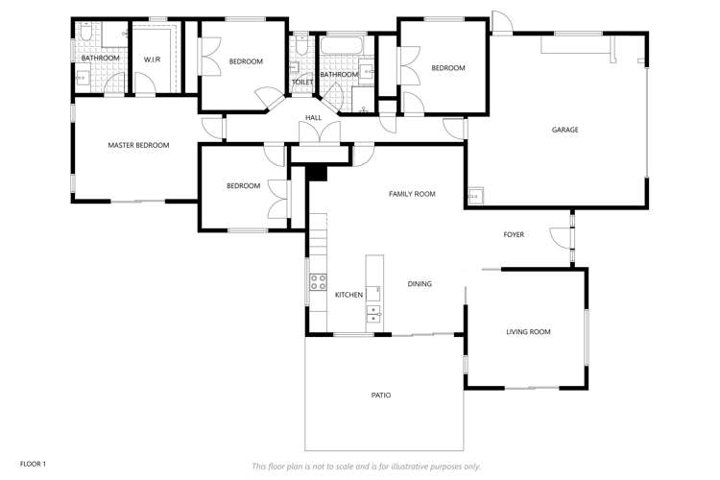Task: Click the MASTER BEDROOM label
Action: click(138, 146)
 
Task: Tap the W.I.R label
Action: click(153, 60)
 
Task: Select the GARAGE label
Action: click(564, 130)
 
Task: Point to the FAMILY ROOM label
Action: click(412, 194)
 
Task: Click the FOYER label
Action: click(514, 234)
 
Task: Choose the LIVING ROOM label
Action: click(528, 332)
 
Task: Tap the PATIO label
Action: click(381, 396)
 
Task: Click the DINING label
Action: click(420, 284)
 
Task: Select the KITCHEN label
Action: click(348, 295)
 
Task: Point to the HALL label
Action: click(314, 118)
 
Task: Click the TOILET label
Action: click(302, 83)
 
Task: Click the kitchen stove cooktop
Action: click(317, 282)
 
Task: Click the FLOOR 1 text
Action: click(33, 464)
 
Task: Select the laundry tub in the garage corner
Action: click(475, 199)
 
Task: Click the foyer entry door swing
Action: click(559, 233)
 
